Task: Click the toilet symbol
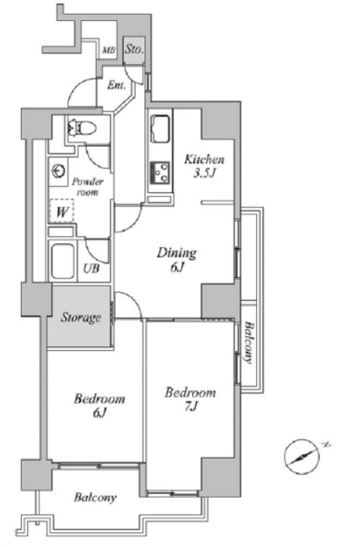pyautogui.click(x=82, y=127)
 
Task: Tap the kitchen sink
pyautogui.click(x=160, y=129)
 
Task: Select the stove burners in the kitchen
pyautogui.click(x=160, y=172)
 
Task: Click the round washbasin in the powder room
pyautogui.click(x=58, y=171)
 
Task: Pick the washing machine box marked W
pyautogui.click(x=62, y=211)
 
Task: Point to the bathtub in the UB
pyautogui.click(x=63, y=261)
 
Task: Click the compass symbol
pyautogui.click(x=302, y=456)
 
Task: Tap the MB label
pyautogui.click(x=108, y=50)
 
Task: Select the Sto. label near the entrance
pyautogui.click(x=134, y=49)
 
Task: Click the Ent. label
pyautogui.click(x=117, y=85)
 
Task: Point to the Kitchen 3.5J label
pyautogui.click(x=204, y=166)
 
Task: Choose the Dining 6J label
pyautogui.click(x=177, y=259)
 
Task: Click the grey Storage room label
pyautogui.click(x=81, y=318)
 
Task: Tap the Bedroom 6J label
pyautogui.click(x=99, y=406)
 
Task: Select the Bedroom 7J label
pyautogui.click(x=190, y=399)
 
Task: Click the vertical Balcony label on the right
pyautogui.click(x=249, y=343)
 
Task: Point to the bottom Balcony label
pyautogui.click(x=95, y=498)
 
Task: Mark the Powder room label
pyautogui.click(x=87, y=187)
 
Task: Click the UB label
pyautogui.click(x=91, y=268)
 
